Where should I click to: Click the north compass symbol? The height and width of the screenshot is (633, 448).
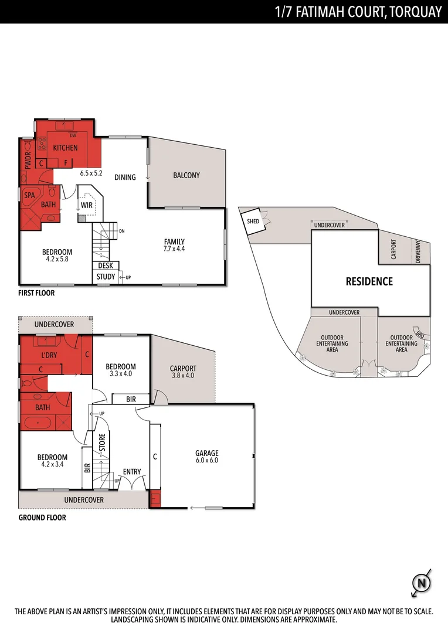coord(420,583)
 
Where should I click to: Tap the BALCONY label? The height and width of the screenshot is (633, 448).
coord(186,175)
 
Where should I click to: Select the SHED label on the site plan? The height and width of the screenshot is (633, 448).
coord(253,222)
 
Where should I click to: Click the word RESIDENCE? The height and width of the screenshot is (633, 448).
coord(369,281)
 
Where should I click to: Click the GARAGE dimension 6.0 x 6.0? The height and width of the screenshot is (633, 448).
coord(206,461)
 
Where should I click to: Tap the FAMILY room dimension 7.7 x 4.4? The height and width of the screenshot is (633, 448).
coord(174,249)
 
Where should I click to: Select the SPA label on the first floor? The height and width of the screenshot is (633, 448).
coord(29,195)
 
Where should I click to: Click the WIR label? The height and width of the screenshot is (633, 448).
coord(87,205)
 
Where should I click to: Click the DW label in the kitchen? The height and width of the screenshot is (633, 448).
coord(73,135)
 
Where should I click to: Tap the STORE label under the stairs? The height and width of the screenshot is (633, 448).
coord(101,442)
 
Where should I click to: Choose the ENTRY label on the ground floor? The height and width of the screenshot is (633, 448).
coord(131,472)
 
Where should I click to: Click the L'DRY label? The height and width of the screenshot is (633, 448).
coord(49,356)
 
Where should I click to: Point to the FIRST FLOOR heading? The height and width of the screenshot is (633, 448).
coord(36,293)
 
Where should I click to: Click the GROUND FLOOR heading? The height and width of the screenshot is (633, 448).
coord(42,518)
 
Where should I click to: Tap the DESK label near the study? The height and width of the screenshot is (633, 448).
coord(106,266)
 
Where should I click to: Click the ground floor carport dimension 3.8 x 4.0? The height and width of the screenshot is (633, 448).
coord(183,376)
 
